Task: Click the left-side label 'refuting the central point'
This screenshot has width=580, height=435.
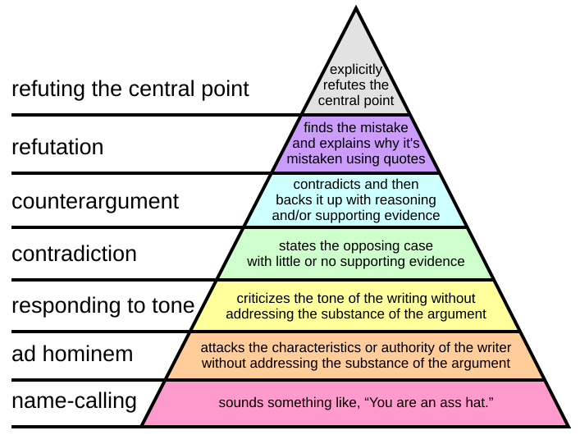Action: click(130, 89)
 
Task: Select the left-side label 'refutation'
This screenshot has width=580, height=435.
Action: click(57, 148)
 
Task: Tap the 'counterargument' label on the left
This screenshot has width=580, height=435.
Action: click(95, 201)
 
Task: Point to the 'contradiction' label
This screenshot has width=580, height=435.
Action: click(74, 254)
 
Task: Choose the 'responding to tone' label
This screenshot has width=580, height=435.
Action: click(103, 306)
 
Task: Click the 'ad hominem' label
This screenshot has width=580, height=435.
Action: click(73, 355)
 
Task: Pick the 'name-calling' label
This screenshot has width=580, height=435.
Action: click(74, 401)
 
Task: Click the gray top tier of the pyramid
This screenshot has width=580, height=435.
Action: click(355, 49)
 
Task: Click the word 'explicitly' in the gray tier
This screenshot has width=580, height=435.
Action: click(356, 71)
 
